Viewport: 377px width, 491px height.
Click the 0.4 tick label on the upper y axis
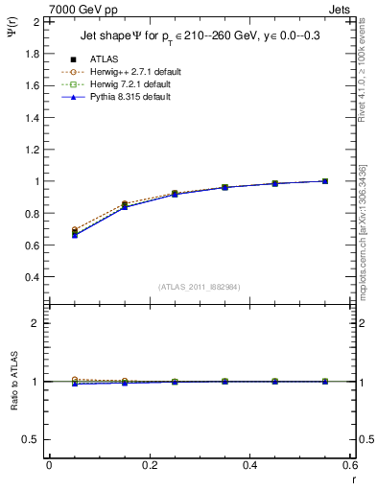click(32, 277)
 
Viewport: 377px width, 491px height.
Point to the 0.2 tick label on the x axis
click(150, 465)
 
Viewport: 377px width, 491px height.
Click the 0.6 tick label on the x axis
click(350, 465)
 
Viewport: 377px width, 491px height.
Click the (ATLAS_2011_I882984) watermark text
click(200, 287)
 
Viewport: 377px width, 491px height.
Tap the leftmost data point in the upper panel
click(75, 233)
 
